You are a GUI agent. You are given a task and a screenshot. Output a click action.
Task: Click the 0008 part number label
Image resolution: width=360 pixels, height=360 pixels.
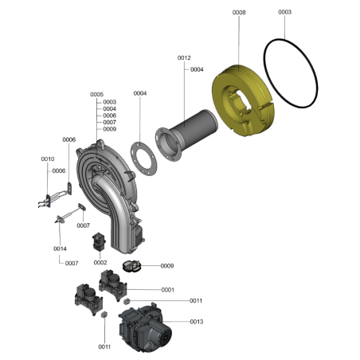[239, 13]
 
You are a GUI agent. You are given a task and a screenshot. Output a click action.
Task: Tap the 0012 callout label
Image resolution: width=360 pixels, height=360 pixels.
[184, 58]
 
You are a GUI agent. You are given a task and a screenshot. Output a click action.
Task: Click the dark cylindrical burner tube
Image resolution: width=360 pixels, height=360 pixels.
[194, 126]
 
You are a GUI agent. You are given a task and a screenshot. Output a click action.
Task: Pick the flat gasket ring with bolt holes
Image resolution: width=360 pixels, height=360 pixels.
[143, 158]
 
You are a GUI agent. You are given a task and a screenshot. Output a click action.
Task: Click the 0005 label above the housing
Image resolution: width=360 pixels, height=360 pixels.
[96, 95]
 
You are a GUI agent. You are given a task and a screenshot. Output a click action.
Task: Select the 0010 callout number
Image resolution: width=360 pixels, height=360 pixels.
[48, 159]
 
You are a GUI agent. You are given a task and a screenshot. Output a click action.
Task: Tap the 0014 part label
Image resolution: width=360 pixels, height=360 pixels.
[60, 248]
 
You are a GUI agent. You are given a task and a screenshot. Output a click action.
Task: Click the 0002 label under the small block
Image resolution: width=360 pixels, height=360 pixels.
[100, 263]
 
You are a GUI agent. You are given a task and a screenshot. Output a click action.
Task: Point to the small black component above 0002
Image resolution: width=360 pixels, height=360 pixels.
[99, 242]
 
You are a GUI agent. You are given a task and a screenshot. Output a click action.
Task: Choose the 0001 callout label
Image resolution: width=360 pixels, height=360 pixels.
[168, 290]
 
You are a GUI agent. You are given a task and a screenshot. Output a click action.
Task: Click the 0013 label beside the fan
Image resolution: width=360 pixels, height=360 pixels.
[197, 322]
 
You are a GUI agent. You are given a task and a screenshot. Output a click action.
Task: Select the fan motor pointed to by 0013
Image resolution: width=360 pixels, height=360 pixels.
[145, 329]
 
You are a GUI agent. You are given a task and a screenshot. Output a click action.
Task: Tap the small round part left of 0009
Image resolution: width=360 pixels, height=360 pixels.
[131, 266]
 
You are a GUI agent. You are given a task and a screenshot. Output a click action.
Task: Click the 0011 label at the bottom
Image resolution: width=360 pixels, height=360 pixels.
[104, 347]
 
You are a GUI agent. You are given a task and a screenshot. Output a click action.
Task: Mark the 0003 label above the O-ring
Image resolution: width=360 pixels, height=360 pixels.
[284, 12]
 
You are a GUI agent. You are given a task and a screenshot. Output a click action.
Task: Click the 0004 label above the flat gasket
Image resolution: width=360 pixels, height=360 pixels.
[140, 93]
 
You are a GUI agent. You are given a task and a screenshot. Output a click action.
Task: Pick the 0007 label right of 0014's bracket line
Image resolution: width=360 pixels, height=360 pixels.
[72, 264]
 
